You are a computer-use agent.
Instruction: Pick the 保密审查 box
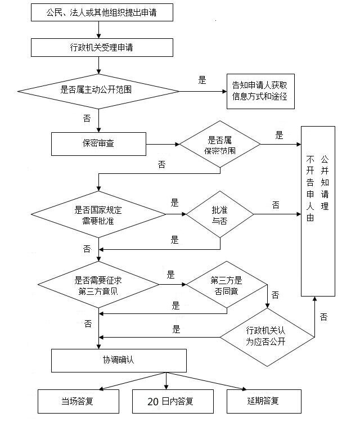pyautogui.click(x=98, y=143)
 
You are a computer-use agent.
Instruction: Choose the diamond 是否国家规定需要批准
pyautogui.click(x=98, y=214)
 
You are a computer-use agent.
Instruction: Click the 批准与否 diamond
pyautogui.click(x=219, y=214)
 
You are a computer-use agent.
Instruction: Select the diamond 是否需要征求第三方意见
pyautogui.click(x=98, y=285)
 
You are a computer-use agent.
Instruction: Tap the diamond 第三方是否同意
pyautogui.click(x=226, y=285)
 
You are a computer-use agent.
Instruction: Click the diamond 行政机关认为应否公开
pyautogui.click(x=267, y=336)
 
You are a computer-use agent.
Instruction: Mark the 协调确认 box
pyautogui.click(x=119, y=360)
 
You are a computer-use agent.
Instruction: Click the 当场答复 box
pyautogui.click(x=78, y=401)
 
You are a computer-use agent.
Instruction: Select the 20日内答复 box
pyautogui.click(x=165, y=401)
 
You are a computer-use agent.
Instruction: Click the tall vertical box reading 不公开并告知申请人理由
pyautogui.click(x=318, y=211)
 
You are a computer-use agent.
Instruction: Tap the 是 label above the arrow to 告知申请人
pyautogui.click(x=202, y=80)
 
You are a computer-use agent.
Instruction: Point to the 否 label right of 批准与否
pyautogui.click(x=276, y=205)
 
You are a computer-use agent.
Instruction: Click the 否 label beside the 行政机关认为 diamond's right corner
pyautogui.click(x=323, y=317)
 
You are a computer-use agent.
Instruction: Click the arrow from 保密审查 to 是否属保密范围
pyautogui.click(x=163, y=144)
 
